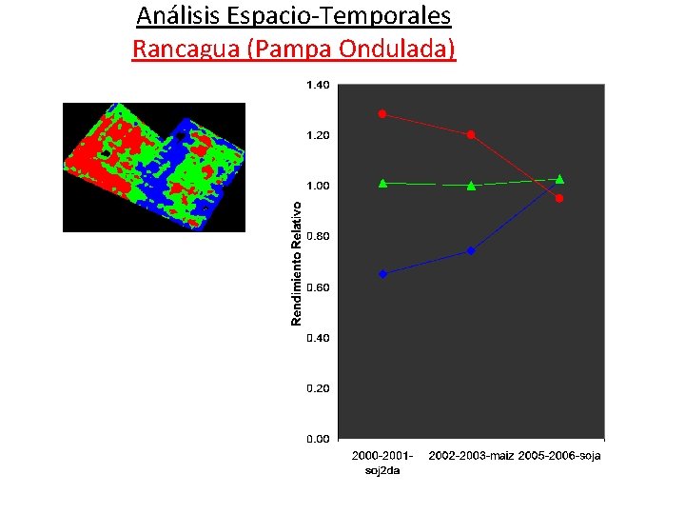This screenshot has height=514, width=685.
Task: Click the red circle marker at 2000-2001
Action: point(382,114)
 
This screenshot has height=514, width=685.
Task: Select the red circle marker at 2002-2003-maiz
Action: point(471,135)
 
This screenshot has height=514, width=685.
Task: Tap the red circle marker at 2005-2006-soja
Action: point(559,198)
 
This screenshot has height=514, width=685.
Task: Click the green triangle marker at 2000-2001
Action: point(382,183)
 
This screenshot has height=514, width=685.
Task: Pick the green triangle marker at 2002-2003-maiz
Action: point(471,186)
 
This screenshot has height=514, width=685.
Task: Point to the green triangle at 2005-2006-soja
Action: point(559,179)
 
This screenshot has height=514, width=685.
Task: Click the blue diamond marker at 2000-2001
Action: point(382,274)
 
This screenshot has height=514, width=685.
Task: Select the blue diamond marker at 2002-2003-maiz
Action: point(471,251)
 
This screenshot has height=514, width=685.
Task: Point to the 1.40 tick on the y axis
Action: point(318,85)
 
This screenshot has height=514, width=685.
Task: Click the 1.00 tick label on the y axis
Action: point(318,186)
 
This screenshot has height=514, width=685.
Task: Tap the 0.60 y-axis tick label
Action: point(318,287)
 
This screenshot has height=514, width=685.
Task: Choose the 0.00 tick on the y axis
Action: point(318,439)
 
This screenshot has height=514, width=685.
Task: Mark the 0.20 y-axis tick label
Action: point(318,388)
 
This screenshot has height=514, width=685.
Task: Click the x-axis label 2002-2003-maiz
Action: point(471,456)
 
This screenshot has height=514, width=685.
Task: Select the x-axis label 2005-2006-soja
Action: point(559,456)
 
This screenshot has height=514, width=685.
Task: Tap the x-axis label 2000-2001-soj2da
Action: point(382,463)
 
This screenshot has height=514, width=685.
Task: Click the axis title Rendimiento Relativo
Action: point(297,262)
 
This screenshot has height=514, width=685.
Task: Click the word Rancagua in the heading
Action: point(186,49)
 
